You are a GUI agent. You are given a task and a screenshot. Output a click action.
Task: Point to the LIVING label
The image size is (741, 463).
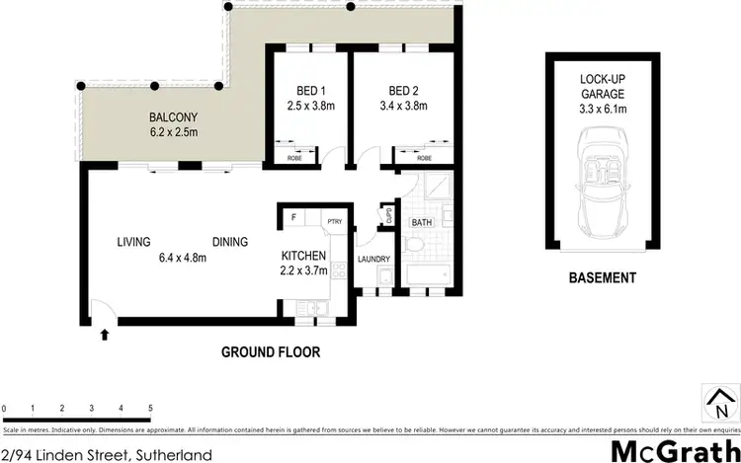point(133,242)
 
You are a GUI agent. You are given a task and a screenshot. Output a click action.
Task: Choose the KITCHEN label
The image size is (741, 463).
point(304,257)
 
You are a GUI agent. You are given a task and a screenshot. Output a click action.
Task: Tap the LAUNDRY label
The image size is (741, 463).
point(373,260)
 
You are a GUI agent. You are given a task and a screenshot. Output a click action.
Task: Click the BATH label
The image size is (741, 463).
point(420,223)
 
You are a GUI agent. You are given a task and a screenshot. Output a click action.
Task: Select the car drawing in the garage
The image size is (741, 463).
point(602,186)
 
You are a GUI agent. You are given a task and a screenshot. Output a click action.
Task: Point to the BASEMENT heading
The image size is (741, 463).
point(602,278)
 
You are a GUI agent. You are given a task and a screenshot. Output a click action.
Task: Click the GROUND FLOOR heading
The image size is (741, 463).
point(271,351)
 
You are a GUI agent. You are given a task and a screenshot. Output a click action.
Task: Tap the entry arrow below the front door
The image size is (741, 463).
point(105,335)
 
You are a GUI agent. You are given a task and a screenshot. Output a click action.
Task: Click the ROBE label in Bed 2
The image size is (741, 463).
point(424,157)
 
